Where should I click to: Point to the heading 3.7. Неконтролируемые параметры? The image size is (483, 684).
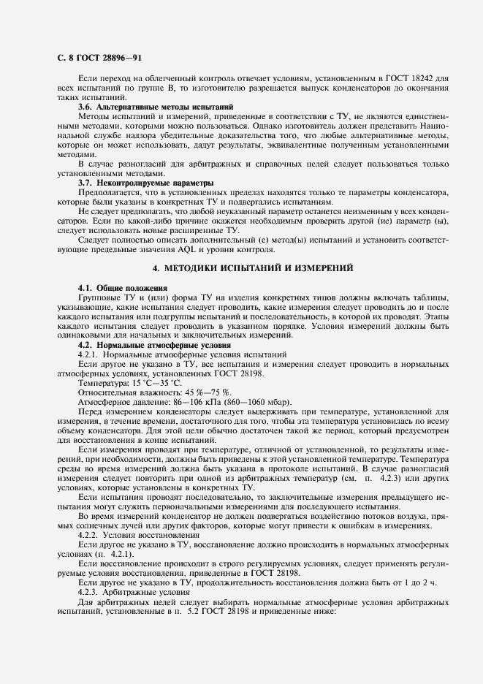[145, 183]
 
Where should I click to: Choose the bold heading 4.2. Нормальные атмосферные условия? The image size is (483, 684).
[154, 344]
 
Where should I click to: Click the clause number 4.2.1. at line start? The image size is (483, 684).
[90, 354]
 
